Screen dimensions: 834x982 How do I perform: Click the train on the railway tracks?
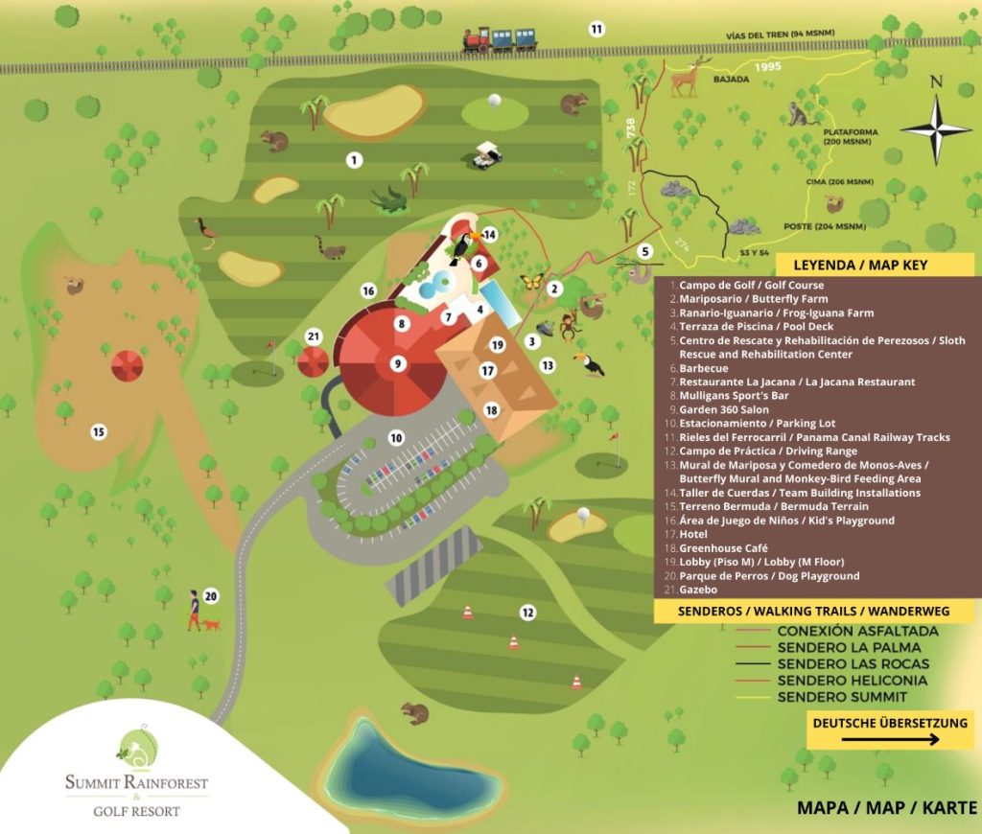click(499, 38)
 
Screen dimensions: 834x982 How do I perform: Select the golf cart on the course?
click(489, 154)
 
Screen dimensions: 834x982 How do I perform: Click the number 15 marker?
click(98, 431)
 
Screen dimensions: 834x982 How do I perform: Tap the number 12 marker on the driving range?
click(526, 612)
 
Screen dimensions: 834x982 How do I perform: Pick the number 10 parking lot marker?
click(395, 437)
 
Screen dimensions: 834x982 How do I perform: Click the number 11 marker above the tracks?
click(596, 29)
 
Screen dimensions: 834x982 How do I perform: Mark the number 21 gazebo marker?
click(313, 336)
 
